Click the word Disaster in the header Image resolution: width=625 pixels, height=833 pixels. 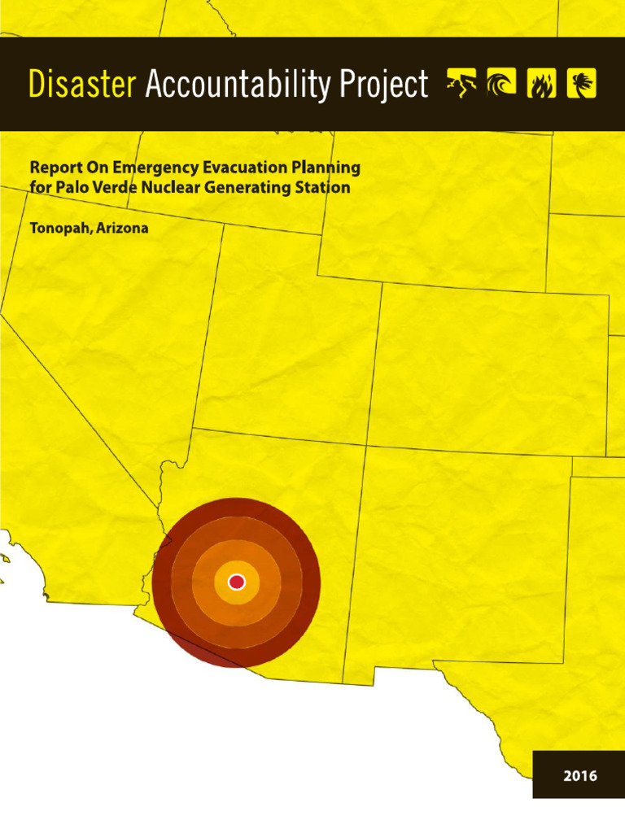(x=82, y=85)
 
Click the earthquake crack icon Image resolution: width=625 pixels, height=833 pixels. (x=462, y=83)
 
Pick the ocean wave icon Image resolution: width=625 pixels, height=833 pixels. (x=501, y=83)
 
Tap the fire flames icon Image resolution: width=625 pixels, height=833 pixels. (x=541, y=83)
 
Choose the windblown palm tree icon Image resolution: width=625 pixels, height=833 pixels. (x=581, y=83)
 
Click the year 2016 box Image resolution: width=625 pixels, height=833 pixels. (x=579, y=775)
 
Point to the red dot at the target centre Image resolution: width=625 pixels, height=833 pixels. (x=237, y=582)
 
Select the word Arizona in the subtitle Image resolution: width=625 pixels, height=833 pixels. (x=121, y=229)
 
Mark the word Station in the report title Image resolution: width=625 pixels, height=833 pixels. (x=324, y=188)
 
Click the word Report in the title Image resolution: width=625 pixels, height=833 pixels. (x=55, y=168)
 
